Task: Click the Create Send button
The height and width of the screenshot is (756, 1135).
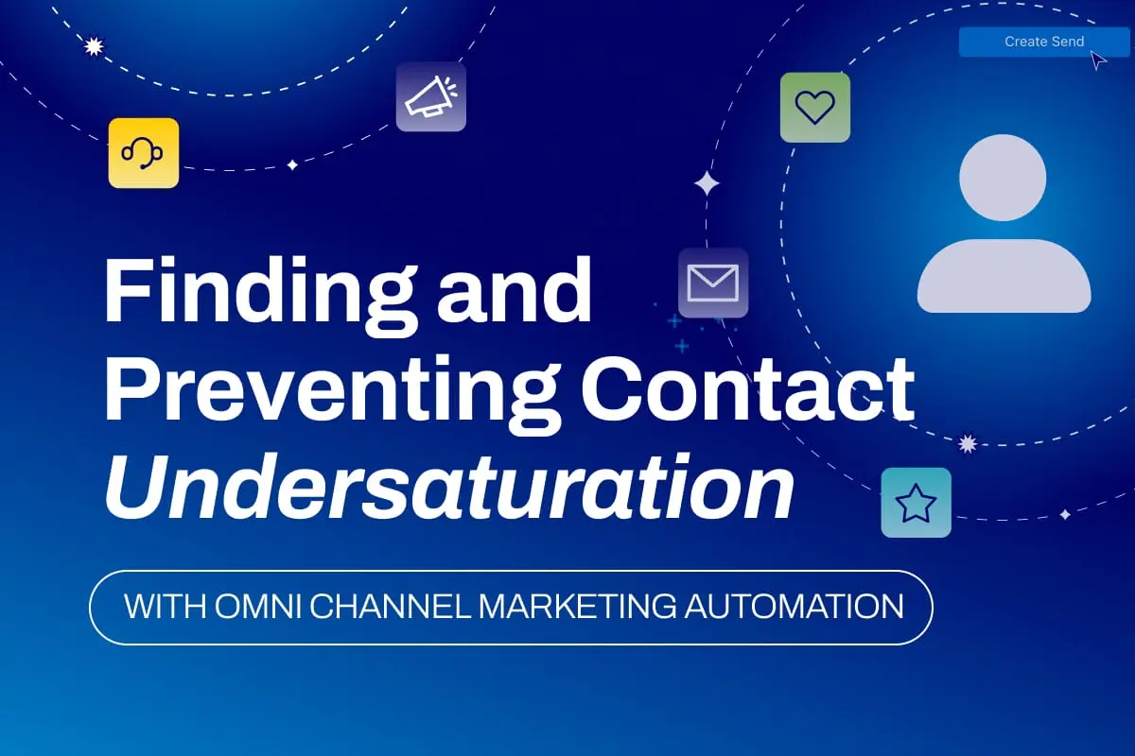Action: [1044, 42]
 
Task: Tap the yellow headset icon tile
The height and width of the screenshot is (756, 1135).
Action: [144, 153]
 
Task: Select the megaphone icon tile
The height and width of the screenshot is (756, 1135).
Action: [431, 96]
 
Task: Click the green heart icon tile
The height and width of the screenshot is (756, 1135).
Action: [815, 108]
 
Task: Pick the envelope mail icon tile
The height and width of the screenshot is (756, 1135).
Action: [713, 283]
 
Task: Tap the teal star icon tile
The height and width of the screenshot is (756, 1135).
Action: [917, 503]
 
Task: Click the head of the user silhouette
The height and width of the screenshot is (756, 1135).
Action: [1003, 178]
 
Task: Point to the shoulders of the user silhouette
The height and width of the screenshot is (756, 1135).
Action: [1004, 276]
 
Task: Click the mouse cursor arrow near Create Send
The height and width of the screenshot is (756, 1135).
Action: [1097, 60]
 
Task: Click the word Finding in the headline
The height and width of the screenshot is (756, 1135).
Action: [261, 296]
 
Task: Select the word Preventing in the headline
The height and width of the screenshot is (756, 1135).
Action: [333, 395]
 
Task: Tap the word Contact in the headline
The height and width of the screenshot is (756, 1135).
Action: [747, 388]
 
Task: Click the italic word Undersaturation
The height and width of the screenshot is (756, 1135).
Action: [449, 487]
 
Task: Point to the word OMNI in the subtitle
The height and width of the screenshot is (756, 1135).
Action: [258, 606]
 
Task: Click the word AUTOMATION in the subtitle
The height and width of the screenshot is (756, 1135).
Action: [794, 606]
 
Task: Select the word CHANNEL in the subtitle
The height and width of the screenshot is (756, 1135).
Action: [390, 606]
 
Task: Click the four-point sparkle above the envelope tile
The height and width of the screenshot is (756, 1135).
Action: [707, 183]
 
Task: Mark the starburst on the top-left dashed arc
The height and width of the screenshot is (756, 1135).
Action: [94, 46]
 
